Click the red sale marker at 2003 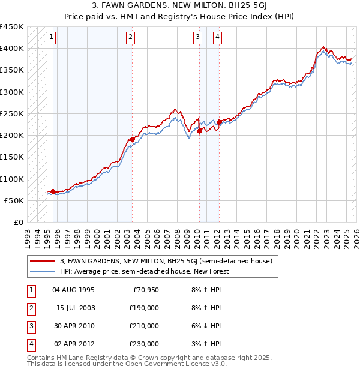tap(131, 139)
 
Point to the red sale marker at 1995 tap(53, 191)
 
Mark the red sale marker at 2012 tap(219, 122)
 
